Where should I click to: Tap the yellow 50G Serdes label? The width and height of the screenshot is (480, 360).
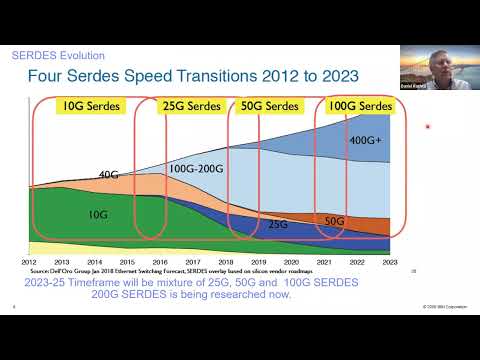click(269, 105)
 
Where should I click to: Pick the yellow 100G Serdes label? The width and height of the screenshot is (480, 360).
click(361, 105)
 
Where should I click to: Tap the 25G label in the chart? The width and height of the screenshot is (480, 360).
click(278, 226)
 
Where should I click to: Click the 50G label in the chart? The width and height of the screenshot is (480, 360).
click(335, 220)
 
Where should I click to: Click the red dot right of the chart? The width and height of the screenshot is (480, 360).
click(427, 127)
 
